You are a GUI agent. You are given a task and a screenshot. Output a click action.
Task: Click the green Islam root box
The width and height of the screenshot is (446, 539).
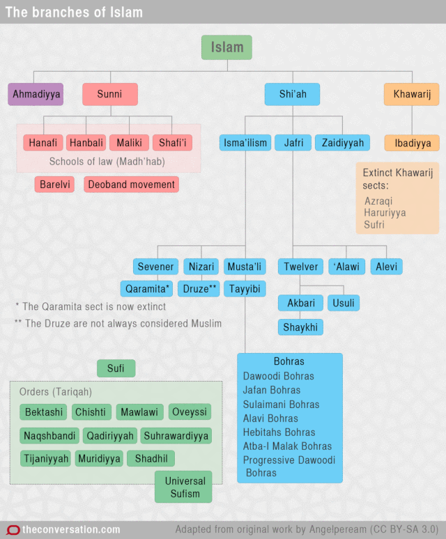(227, 47)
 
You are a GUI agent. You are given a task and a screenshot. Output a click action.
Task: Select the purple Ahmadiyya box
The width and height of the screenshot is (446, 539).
(36, 94)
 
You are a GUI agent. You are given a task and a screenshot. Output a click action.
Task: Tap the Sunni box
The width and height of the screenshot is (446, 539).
(109, 94)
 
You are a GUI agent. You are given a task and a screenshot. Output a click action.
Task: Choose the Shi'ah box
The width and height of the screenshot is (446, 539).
(292, 94)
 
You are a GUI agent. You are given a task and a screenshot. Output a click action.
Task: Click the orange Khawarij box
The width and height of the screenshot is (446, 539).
(411, 94)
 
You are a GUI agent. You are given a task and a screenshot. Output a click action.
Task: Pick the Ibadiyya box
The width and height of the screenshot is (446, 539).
(412, 143)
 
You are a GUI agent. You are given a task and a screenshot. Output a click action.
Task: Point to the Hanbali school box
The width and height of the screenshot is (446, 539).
(86, 143)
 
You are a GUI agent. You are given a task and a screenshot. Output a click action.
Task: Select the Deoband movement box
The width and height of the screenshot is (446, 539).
(132, 185)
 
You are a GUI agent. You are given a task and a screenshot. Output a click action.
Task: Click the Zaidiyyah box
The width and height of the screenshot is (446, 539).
(342, 143)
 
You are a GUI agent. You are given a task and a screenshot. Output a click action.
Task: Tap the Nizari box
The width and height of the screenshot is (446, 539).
(201, 266)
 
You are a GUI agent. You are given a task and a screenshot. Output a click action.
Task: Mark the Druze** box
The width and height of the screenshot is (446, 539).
(200, 288)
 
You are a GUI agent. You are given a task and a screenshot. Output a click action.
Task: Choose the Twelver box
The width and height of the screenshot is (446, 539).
(301, 266)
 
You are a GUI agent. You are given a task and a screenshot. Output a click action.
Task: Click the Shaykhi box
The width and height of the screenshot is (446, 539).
(301, 327)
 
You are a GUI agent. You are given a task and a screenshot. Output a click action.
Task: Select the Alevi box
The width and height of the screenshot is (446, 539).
(387, 266)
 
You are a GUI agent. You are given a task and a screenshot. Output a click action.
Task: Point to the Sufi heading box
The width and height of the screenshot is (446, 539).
(116, 368)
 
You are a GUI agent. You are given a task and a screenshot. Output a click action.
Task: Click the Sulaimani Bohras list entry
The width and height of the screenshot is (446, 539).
(281, 404)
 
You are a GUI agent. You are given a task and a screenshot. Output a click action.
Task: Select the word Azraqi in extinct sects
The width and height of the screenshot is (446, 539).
(378, 201)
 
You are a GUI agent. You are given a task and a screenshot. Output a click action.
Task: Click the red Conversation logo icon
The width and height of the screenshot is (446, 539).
(13, 530)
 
